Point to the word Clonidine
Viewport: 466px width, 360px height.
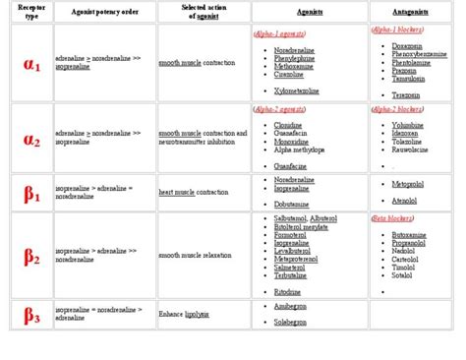coord(293,126)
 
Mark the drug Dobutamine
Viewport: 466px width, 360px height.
coord(296,204)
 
